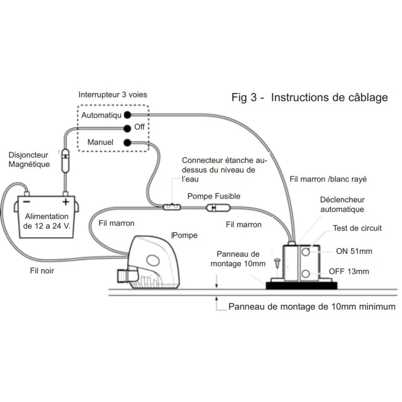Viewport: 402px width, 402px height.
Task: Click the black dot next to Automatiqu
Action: [x=128, y=115]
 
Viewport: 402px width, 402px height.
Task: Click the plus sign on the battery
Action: [x=65, y=202]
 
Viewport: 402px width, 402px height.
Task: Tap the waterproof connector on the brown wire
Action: [x=171, y=207]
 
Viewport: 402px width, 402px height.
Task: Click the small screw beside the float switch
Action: [x=277, y=263]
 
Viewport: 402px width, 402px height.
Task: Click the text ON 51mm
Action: [x=354, y=251]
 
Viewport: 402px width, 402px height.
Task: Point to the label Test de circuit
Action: [x=357, y=228]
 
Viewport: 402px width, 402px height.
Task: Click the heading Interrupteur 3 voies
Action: [x=113, y=95]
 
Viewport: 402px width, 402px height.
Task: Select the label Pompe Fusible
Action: [x=214, y=196]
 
